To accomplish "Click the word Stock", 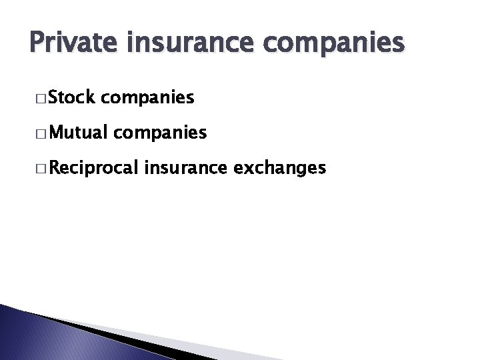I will [73, 99].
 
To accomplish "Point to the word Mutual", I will [78, 133].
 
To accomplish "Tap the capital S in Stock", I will [53, 99].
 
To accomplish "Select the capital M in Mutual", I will [55, 133].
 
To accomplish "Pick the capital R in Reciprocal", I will [55, 168].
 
